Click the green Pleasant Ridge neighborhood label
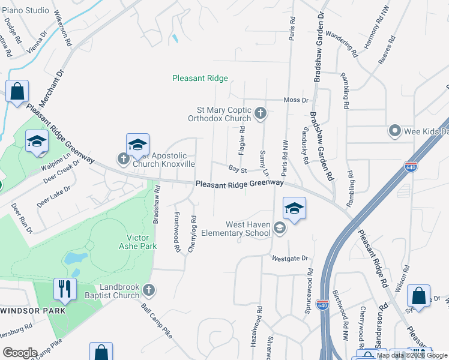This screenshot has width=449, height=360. (x=200, y=78)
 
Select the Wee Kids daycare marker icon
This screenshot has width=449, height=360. (x=394, y=130)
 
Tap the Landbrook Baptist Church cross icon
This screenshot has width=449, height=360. (x=149, y=291)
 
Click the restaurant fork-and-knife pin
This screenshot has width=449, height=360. (x=62, y=289)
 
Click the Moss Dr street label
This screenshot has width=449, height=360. (x=296, y=100)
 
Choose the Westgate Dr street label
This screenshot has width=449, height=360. (x=289, y=259)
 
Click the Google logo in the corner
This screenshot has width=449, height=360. (x=20, y=353)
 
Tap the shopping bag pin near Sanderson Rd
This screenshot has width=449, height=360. (x=418, y=296)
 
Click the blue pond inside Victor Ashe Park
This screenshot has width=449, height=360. (x=74, y=259)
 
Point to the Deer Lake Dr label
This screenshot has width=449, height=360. (x=53, y=196)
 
